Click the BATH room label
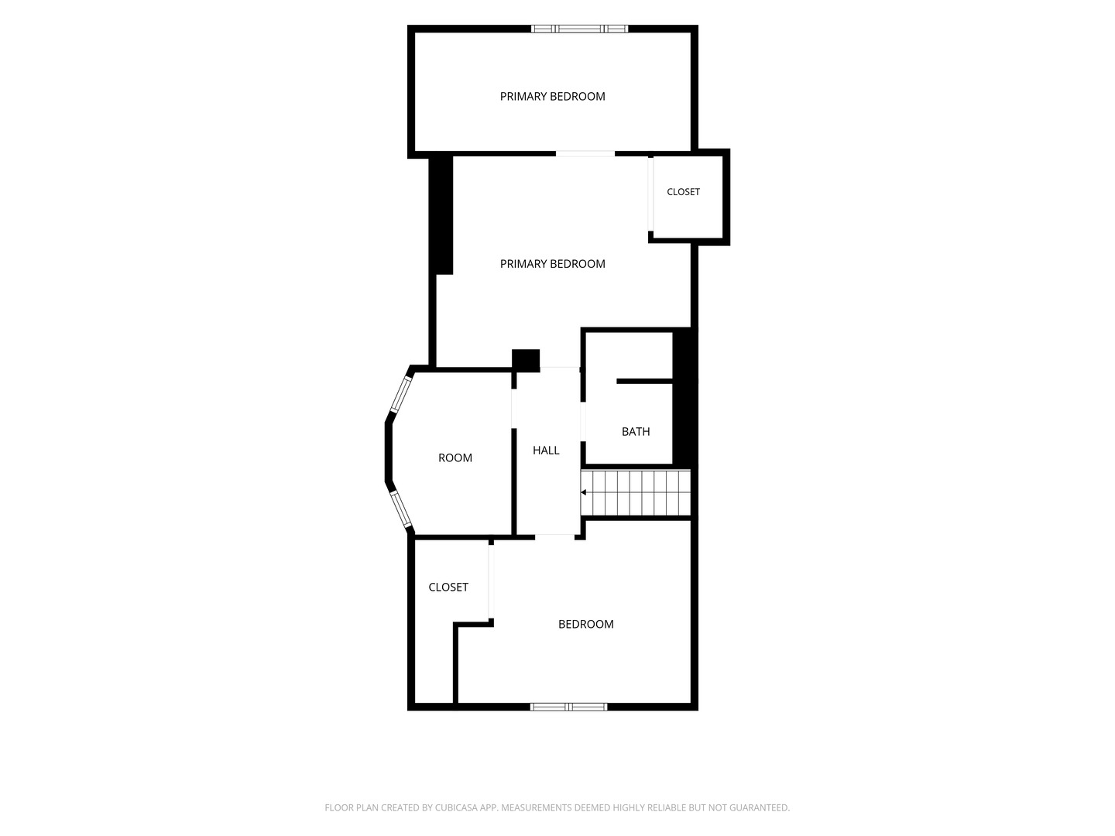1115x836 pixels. (x=636, y=431)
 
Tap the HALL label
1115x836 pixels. (x=546, y=451)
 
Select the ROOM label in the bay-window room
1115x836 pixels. (x=455, y=457)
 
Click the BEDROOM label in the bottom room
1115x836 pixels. (x=585, y=624)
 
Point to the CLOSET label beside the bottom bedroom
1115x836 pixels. (x=448, y=587)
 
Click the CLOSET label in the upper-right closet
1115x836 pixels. (x=683, y=192)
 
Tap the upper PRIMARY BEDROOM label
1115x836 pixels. (x=553, y=97)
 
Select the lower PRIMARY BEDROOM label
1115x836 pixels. (x=553, y=264)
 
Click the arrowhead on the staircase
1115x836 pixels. (x=584, y=492)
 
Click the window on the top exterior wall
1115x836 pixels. (x=580, y=29)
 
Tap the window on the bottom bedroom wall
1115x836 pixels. (x=569, y=707)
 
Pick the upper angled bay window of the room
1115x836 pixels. (x=400, y=394)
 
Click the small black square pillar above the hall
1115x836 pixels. (x=526, y=361)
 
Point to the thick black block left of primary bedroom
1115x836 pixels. (x=441, y=215)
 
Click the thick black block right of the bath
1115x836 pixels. (x=684, y=397)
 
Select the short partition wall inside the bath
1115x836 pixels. (x=645, y=381)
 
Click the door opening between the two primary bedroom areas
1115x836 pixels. (x=585, y=154)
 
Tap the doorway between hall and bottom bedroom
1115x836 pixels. (x=554, y=537)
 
